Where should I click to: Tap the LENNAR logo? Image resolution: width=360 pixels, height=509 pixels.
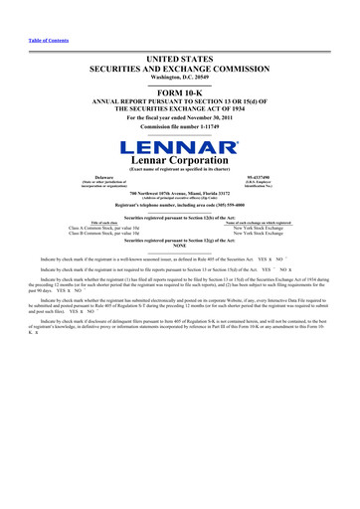click(x=180, y=150)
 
